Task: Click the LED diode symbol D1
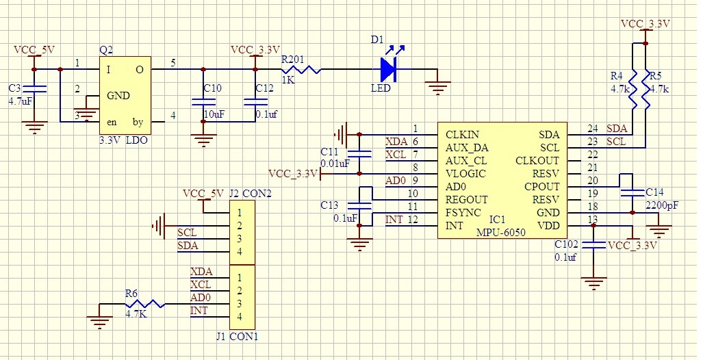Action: pyautogui.click(x=388, y=68)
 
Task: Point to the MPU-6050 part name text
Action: pyautogui.click(x=500, y=233)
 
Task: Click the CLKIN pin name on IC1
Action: pyautogui.click(x=463, y=134)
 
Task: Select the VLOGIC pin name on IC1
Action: pyautogui.click(x=465, y=174)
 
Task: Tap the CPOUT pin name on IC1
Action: pyautogui.click(x=542, y=187)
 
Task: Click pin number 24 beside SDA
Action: pyautogui.click(x=592, y=129)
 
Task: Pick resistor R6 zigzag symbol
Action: pyautogui.click(x=144, y=304)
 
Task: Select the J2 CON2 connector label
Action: pyautogui.click(x=250, y=194)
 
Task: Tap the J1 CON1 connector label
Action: pyautogui.click(x=237, y=337)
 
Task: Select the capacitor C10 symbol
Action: pyautogui.click(x=203, y=101)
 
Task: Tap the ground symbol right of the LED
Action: pyautogui.click(x=438, y=86)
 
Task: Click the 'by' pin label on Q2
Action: pyautogui.click(x=138, y=123)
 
